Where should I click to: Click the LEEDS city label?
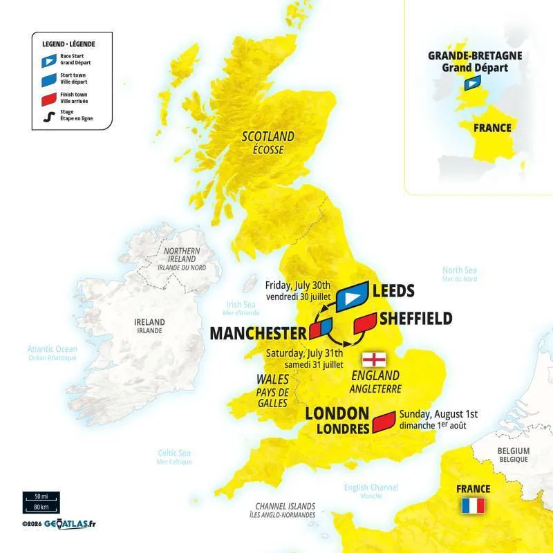tap(393, 290)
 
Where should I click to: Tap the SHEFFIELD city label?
tap(415, 318)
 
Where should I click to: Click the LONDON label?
tap(337, 413)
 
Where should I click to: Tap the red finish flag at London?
tap(383, 422)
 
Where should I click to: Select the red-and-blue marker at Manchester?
tap(321, 328)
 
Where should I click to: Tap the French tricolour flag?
tap(474, 506)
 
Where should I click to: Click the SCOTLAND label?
tap(268, 136)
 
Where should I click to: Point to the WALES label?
tap(272, 379)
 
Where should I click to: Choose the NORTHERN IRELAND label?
tap(181, 254)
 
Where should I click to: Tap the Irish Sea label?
tap(241, 304)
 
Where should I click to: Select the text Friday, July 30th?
tap(299, 285)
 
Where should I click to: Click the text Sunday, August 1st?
tap(438, 414)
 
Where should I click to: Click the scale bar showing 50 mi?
tap(41, 497)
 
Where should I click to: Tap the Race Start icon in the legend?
tap(47, 61)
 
